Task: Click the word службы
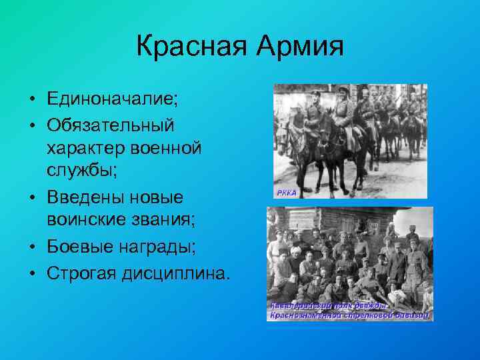coord(80,171)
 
